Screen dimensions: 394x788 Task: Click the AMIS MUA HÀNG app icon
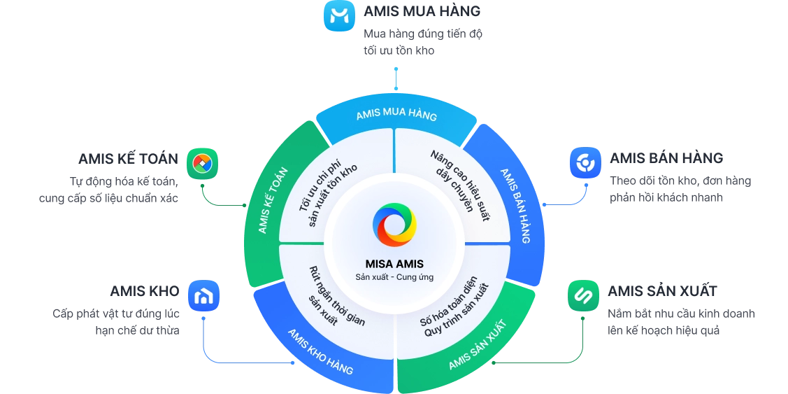[x=340, y=15]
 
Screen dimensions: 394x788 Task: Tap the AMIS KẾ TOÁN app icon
[x=202, y=164]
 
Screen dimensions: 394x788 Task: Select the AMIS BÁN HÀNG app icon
[x=585, y=164]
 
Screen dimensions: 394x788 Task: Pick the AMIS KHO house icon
[x=203, y=295]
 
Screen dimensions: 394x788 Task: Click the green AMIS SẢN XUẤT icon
[x=583, y=295]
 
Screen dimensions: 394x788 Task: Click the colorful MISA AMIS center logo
[x=394, y=225]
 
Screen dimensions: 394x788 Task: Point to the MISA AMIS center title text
[x=394, y=264]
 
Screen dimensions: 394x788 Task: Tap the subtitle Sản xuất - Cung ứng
[x=394, y=277]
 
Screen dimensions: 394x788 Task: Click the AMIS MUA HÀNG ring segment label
[x=396, y=115]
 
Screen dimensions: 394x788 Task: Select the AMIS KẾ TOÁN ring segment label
[x=273, y=200]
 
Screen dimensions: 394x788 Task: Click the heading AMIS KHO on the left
[x=144, y=290]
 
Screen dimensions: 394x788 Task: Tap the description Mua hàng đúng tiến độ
[x=423, y=34]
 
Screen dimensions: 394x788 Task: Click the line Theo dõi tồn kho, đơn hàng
[x=680, y=181]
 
